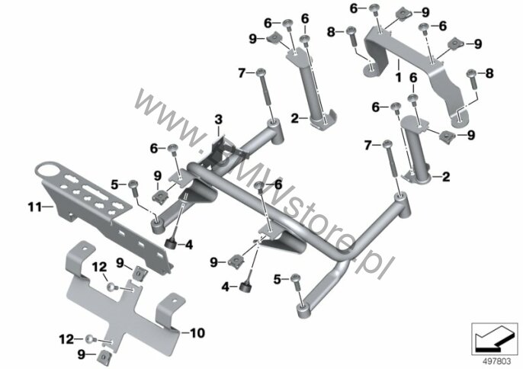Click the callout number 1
tap(398, 78)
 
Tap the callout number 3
tap(218, 120)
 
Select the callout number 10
tap(197, 332)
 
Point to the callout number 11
tap(35, 207)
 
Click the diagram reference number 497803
tap(496, 361)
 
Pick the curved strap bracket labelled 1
tap(416, 72)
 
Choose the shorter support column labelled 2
tap(417, 149)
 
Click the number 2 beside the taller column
tap(295, 118)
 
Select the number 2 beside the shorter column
tap(445, 177)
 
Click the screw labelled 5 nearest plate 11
tap(133, 188)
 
